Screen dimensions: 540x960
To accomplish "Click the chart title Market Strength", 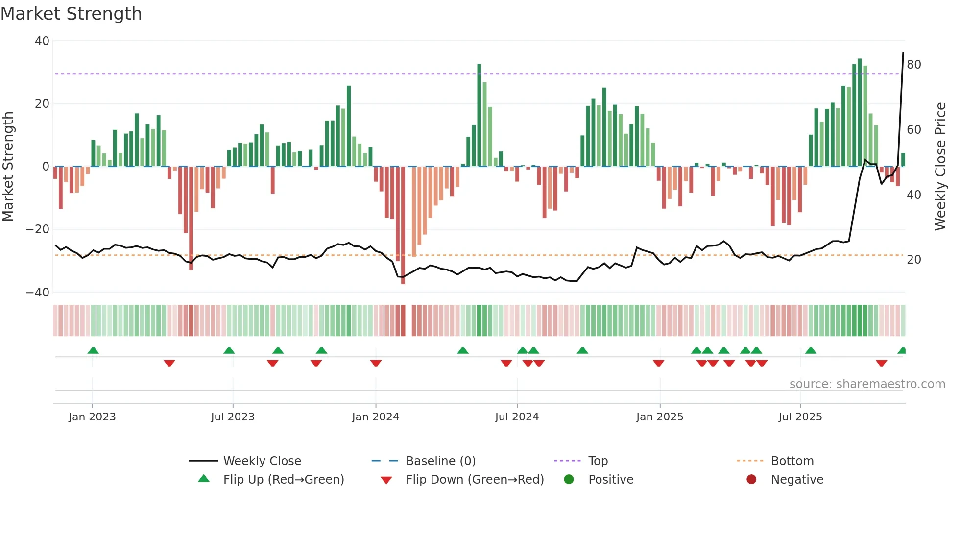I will pyautogui.click(x=71, y=14).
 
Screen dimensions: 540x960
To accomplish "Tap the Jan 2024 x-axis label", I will pyautogui.click(x=375, y=417).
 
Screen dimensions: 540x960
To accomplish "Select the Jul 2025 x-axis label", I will pyautogui.click(x=800, y=417).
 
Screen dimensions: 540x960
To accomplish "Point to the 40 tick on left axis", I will pyautogui.click(x=42, y=41).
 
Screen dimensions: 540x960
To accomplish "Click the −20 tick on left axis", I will pyautogui.click(x=38, y=229).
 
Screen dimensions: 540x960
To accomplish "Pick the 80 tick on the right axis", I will pyautogui.click(x=913, y=65).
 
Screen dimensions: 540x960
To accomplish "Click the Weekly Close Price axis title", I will pyautogui.click(x=940, y=167).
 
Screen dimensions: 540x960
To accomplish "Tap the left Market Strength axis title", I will pyautogui.click(x=8, y=167).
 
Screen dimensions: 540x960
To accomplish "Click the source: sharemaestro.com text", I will pyautogui.click(x=867, y=384).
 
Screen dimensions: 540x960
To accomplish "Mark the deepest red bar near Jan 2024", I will pyautogui.click(x=403, y=225).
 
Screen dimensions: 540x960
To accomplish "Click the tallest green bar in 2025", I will pyautogui.click(x=860, y=113).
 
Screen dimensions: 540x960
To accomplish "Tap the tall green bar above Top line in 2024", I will pyautogui.click(x=479, y=115).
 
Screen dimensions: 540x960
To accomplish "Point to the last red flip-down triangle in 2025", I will pyautogui.click(x=881, y=363).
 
